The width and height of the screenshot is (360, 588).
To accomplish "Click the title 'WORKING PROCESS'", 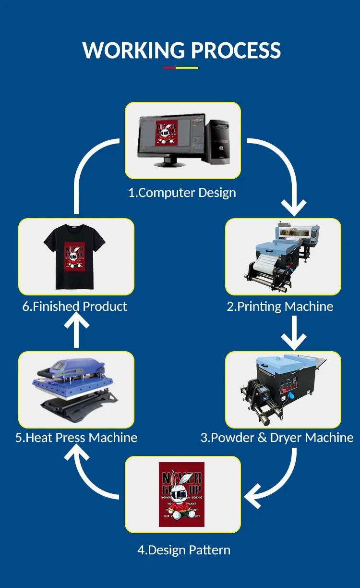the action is tap(181, 50).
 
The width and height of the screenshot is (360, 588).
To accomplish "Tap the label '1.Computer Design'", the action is tap(182, 193).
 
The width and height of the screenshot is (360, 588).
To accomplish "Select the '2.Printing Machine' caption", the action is tap(280, 306).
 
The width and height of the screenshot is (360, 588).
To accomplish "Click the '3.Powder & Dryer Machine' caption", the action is tap(277, 438).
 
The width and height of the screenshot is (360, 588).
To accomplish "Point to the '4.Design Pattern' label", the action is tap(184, 550).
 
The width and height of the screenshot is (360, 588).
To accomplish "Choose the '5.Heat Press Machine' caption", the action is tap(76, 438).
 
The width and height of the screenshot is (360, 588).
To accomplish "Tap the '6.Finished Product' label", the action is tap(75, 306).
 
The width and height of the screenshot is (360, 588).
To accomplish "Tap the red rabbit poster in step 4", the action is tap(181, 494).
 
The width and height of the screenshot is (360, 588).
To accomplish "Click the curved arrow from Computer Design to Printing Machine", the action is tap(283, 168).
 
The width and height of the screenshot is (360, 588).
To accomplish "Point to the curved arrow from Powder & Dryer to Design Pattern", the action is tap(278, 485).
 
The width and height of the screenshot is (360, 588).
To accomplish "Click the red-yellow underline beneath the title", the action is tap(180, 68).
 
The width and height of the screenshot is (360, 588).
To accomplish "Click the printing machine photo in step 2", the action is tap(283, 257).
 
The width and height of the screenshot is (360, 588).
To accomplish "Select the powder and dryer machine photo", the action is tap(283, 389).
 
